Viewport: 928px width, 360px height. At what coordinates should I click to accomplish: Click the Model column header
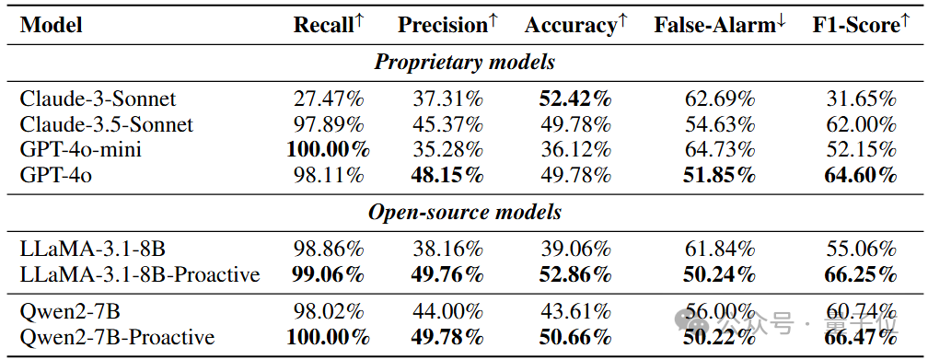(x=51, y=25)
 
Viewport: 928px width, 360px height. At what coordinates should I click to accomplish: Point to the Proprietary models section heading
(x=465, y=63)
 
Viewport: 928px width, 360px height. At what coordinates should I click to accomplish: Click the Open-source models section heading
(x=465, y=212)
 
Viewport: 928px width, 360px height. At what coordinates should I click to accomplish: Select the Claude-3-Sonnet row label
(x=99, y=99)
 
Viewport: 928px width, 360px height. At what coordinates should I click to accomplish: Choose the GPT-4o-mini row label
(x=80, y=150)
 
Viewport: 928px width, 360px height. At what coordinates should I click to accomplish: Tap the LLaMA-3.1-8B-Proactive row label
(x=140, y=274)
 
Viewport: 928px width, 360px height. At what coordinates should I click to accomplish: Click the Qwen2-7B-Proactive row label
(x=117, y=338)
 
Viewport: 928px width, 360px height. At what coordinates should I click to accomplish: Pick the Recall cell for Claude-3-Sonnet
(x=329, y=99)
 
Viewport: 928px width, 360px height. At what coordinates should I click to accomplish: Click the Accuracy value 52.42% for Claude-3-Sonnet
(x=575, y=99)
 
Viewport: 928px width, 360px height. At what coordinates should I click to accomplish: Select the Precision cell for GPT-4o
(x=447, y=175)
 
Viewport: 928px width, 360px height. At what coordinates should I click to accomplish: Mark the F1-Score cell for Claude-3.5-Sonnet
(x=862, y=124)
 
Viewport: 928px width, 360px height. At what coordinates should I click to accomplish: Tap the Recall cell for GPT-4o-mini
(x=329, y=150)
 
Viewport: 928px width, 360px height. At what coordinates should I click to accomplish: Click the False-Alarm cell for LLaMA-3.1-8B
(x=720, y=250)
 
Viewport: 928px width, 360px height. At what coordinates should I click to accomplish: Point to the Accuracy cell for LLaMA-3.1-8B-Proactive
(x=575, y=274)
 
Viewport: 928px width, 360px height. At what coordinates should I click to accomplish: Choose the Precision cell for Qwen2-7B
(x=447, y=312)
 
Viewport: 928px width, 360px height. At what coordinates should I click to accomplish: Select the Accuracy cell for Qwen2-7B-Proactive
(x=575, y=338)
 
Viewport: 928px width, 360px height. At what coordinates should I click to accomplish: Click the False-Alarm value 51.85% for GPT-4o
(x=720, y=175)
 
